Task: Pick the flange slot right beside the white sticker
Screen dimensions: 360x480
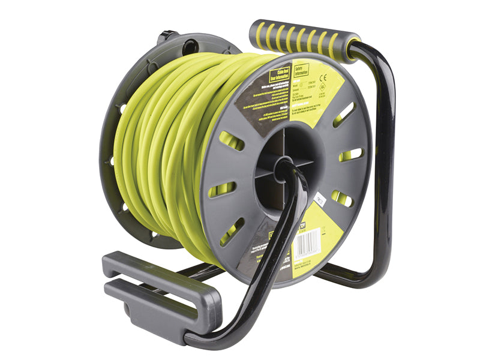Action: pyautogui.click(x=341, y=199)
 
